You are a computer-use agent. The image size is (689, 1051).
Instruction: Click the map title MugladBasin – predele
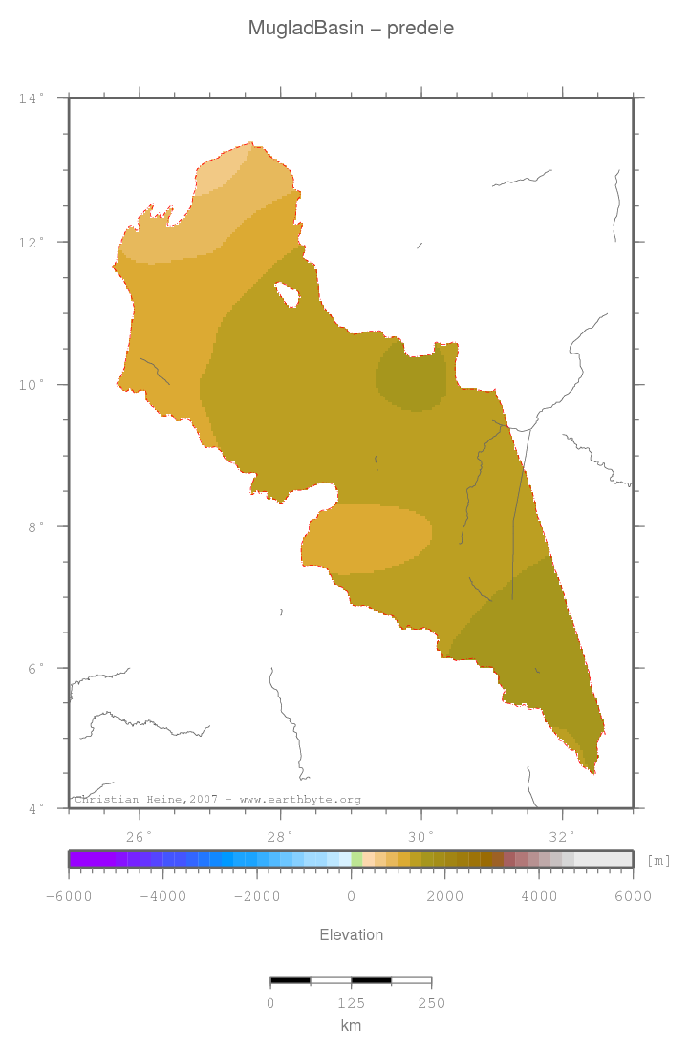pyautogui.click(x=351, y=29)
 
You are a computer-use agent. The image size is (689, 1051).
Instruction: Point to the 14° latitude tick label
pyautogui.click(x=32, y=98)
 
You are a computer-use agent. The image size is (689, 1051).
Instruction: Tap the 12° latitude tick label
pyautogui.click(x=32, y=242)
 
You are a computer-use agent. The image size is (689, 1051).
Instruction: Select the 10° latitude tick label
pyautogui.click(x=32, y=385)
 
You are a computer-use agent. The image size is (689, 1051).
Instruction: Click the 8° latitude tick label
pyautogui.click(x=34, y=526)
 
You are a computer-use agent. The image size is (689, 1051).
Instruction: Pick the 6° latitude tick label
pyautogui.click(x=34, y=668)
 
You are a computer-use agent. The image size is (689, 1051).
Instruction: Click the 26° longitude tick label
pyautogui.click(x=140, y=837)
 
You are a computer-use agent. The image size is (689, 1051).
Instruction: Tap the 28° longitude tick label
pyautogui.click(x=281, y=837)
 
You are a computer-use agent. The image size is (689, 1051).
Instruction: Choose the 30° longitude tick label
pyautogui.click(x=421, y=837)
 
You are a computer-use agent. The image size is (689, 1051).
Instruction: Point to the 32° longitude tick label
pyautogui.click(x=563, y=837)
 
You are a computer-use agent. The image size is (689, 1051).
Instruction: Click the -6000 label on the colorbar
pyautogui.click(x=70, y=896)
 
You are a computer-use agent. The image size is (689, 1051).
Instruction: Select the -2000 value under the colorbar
pyautogui.click(x=257, y=896)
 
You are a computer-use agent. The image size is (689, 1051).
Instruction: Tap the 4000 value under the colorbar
pyautogui.click(x=540, y=896)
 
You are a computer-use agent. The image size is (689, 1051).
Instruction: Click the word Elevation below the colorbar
pyautogui.click(x=351, y=935)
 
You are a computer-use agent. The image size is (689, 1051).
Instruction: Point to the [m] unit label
pyautogui.click(x=658, y=861)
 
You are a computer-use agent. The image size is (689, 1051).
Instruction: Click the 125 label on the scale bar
pyautogui.click(x=351, y=1003)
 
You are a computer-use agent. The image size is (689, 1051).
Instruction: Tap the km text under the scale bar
pyautogui.click(x=351, y=1026)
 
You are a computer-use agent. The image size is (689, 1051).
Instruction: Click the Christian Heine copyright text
pyautogui.click(x=218, y=800)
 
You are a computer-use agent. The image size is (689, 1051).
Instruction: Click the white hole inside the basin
pyautogui.click(x=287, y=295)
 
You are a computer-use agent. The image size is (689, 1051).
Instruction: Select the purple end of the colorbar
pyautogui.click(x=81, y=859)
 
